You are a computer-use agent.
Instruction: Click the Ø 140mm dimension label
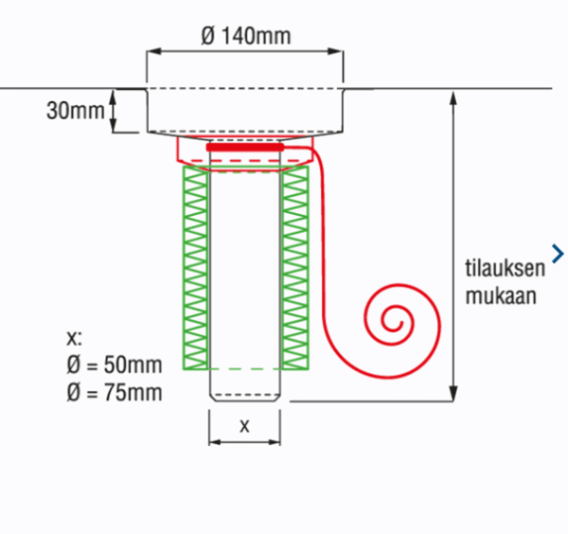click(x=245, y=37)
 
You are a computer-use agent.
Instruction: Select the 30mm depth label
click(x=75, y=111)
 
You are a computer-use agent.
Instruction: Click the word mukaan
click(x=501, y=294)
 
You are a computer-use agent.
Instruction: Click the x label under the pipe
click(x=244, y=425)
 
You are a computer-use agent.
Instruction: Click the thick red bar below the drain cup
click(x=245, y=148)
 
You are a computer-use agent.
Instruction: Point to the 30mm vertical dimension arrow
click(x=115, y=111)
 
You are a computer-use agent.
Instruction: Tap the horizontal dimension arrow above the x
click(x=245, y=442)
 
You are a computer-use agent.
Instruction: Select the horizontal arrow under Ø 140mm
click(x=245, y=54)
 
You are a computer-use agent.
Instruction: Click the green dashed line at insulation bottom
click(x=245, y=367)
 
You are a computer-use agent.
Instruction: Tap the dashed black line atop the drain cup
click(x=245, y=90)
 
